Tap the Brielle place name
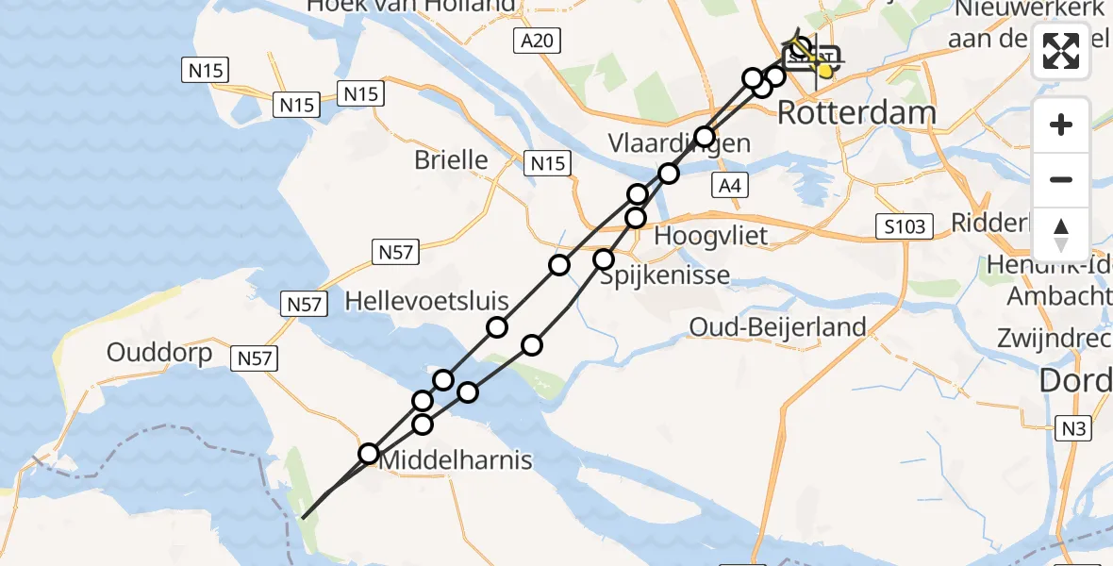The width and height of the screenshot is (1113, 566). [x=451, y=159]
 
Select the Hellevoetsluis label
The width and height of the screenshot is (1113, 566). [x=426, y=302]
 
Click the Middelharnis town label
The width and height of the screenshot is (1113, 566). [x=456, y=460]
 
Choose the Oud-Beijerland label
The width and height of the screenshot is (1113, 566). [x=778, y=327]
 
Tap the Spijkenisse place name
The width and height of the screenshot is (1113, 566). [x=665, y=275]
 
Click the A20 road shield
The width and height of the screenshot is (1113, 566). [x=539, y=41]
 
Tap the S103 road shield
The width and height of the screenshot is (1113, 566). [x=904, y=226]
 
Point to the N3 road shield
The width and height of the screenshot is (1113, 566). [x=1073, y=428]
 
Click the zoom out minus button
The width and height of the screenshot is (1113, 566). [x=1061, y=179]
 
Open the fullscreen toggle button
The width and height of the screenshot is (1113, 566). [x=1061, y=51]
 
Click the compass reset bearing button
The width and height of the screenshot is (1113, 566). [x=1061, y=234]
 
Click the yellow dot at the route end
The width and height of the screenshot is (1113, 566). [x=825, y=70]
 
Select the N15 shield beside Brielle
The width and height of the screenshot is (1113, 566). [x=548, y=163]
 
